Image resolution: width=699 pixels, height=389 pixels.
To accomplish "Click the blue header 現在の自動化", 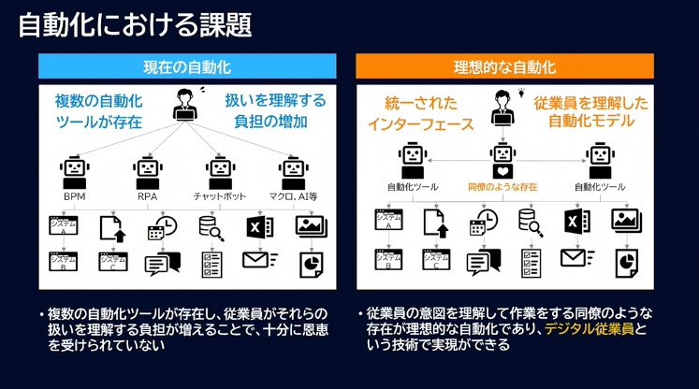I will pos(187,66).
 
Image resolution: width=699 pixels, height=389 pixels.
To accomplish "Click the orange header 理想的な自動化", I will pos(504,66).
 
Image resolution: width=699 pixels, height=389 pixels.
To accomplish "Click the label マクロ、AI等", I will pos(293,197).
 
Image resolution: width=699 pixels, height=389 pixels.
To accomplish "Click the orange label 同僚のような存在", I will pos(503,187).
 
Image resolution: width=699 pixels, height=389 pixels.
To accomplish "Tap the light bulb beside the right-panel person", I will pos(523,93).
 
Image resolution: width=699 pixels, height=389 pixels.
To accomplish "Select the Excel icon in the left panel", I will pos(258,227).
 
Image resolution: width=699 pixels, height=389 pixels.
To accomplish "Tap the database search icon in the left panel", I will pos(211,227).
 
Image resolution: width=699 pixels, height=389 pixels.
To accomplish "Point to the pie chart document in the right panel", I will pos(626,262).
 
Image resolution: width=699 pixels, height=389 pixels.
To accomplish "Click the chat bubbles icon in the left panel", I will pos(162,264).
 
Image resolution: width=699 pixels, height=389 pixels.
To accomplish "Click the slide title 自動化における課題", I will pos(135,24).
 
